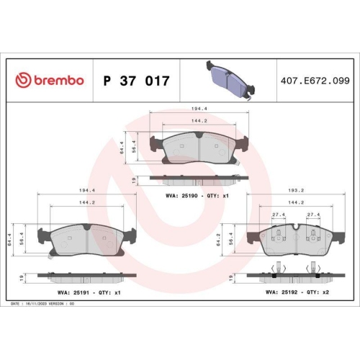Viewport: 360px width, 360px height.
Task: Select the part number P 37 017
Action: click(x=137, y=81)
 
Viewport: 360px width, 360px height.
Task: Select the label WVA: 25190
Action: click(x=176, y=196)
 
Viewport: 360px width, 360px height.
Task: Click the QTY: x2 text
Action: click(x=320, y=293)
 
